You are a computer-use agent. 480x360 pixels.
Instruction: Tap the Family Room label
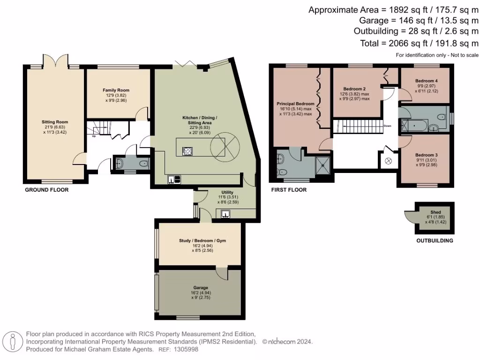tap(116, 90)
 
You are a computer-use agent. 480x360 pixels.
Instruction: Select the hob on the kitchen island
tap(187, 151)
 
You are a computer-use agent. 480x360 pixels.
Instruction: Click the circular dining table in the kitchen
tap(224, 147)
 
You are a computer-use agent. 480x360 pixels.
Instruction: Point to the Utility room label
tap(227, 192)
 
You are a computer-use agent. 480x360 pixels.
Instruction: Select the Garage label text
tap(201, 287)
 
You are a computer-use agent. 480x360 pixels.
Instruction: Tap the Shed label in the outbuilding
tap(435, 212)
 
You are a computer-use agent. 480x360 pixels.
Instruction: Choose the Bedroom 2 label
tap(354, 89)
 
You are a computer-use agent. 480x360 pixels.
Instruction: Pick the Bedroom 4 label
tap(427, 81)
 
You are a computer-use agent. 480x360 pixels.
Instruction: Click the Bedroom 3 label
tap(427, 155)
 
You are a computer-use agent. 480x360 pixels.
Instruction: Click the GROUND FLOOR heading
tap(46, 190)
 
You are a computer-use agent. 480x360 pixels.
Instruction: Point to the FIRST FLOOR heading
tap(289, 190)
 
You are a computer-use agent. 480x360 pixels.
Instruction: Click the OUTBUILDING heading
tap(435, 240)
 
